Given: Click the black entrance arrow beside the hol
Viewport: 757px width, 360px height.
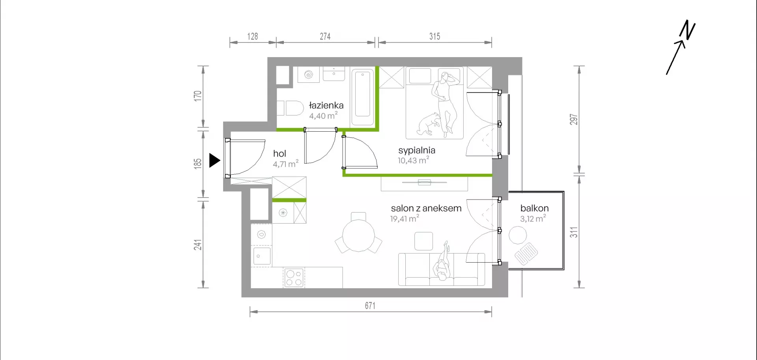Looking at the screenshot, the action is pyautogui.click(x=214, y=160).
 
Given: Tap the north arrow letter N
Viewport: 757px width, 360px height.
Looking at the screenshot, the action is pyautogui.click(x=687, y=30).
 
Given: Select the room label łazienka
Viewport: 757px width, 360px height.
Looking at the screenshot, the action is pyautogui.click(x=326, y=105).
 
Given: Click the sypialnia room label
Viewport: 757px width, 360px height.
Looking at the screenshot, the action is pyautogui.click(x=417, y=150).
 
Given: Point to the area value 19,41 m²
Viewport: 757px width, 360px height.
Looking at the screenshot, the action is pyautogui.click(x=405, y=218).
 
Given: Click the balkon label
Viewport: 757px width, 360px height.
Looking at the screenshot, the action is pyautogui.click(x=534, y=208).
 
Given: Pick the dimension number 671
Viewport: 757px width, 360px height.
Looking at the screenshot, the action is pyautogui.click(x=370, y=306).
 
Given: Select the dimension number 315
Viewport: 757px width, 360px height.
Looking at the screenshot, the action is pyautogui.click(x=434, y=36).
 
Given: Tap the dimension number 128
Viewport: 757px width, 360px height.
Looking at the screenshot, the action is pyautogui.click(x=252, y=36).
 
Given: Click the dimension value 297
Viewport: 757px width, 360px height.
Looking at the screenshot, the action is pyautogui.click(x=574, y=119).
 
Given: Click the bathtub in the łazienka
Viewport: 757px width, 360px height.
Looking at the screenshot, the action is pyautogui.click(x=362, y=97).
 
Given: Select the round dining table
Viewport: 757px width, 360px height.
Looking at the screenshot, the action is pyautogui.click(x=358, y=236).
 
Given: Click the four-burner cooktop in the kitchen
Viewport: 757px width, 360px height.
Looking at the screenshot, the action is pyautogui.click(x=294, y=278).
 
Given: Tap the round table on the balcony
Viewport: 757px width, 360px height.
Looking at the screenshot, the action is pyautogui.click(x=518, y=235).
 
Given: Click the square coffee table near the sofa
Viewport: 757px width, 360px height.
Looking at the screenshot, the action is pyautogui.click(x=424, y=241).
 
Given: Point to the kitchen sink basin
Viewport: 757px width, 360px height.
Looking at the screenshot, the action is pyautogui.click(x=262, y=256).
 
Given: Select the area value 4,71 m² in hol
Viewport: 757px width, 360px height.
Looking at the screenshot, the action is pyautogui.click(x=285, y=164).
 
